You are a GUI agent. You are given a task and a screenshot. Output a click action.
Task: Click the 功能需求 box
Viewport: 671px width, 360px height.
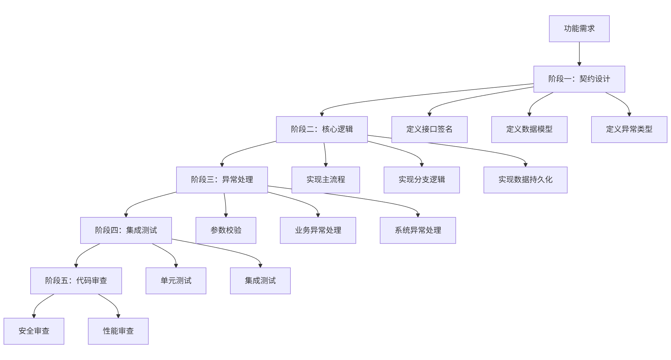[579, 29]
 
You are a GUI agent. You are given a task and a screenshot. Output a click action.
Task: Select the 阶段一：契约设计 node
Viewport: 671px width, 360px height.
[579, 79]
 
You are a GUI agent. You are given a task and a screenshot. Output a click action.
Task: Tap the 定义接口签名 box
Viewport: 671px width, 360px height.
[429, 129]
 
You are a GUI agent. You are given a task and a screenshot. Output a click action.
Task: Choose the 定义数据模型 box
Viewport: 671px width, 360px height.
[529, 129]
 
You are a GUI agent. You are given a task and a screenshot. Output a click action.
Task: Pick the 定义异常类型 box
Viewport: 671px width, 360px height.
[629, 129]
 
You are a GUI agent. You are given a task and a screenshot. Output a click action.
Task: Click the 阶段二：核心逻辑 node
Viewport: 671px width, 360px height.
[322, 129]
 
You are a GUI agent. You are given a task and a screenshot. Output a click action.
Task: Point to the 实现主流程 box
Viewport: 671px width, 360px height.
[326, 180]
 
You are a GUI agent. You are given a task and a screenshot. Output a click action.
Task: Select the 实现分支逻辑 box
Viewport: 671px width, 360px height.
[421, 180]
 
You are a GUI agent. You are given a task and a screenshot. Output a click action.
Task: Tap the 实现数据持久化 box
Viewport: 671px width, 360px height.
[525, 180]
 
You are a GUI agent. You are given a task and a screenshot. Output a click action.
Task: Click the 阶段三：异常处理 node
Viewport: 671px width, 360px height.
[222, 180]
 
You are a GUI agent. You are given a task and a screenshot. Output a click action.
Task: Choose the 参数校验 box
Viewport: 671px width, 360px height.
[226, 230]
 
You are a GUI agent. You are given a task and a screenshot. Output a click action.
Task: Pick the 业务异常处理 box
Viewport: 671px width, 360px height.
[318, 230]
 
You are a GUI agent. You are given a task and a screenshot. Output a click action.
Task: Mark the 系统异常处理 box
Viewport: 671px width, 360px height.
[418, 230]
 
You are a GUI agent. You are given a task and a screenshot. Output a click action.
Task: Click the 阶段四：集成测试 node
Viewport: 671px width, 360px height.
[126, 230]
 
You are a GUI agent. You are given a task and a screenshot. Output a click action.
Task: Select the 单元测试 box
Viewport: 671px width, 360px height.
[176, 280]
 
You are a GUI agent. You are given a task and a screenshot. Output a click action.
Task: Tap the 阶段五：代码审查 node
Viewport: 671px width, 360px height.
[76, 280]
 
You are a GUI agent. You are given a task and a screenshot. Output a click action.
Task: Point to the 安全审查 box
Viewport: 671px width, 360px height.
[34, 331]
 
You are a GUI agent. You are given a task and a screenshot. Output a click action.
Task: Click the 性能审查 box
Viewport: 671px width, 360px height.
[118, 331]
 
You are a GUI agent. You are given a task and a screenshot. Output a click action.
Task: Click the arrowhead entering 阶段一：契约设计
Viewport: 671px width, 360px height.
[579, 64]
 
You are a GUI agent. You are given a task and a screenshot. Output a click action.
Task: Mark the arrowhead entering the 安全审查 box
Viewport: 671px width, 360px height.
[34, 316]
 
